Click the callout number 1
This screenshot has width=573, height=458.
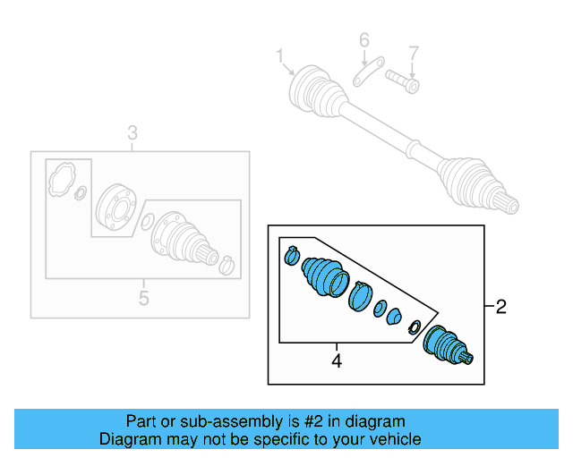tap(280, 58)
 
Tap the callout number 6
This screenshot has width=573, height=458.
tap(364, 41)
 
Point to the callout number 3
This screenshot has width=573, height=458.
tap(133, 134)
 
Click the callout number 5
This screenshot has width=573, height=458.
tap(143, 298)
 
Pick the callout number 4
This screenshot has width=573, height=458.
tap(337, 361)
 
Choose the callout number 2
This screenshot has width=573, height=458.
tap(500, 308)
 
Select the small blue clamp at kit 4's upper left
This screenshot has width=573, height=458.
tap(290, 257)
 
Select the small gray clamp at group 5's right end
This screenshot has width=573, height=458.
tap(227, 264)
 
